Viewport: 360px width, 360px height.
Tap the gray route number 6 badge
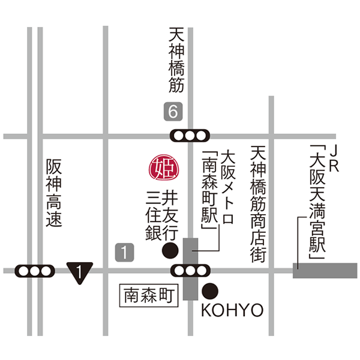click(173, 112)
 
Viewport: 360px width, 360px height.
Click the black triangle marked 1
click(79, 272)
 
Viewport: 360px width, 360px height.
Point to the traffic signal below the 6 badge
click(190, 136)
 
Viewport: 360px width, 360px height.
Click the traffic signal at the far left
click(35, 271)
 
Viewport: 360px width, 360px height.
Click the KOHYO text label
click(232, 310)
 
